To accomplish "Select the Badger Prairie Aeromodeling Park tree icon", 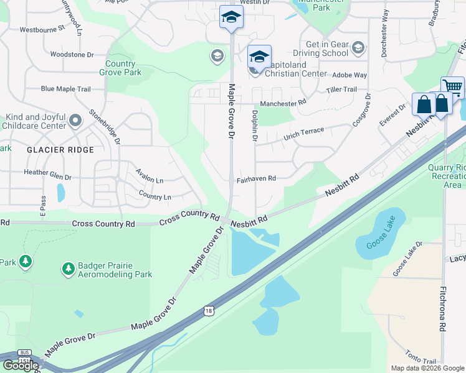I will pyautogui.click(x=68, y=269).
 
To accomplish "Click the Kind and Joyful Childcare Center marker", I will pyautogui.click(x=75, y=119).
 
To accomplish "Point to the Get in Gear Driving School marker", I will pyautogui.click(x=358, y=47).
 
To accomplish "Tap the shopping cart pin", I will pyautogui.click(x=452, y=88).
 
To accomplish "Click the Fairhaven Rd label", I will pyautogui.click(x=255, y=179).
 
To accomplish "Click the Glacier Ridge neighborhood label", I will pyautogui.click(x=60, y=150).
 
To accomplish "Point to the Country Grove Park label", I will pyautogui.click(x=120, y=68).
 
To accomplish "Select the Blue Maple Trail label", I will pyautogui.click(x=65, y=89).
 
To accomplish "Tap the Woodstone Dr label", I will pyautogui.click(x=72, y=55).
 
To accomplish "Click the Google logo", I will pyautogui.click(x=20, y=365).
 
